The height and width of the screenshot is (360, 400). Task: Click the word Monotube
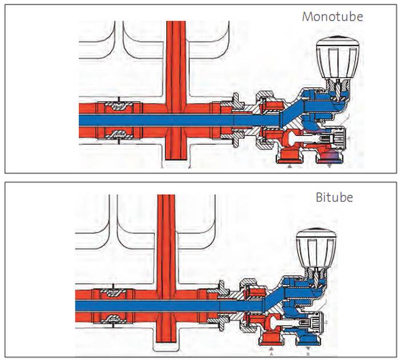click(x=332, y=16)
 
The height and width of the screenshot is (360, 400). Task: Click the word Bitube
click(x=334, y=198)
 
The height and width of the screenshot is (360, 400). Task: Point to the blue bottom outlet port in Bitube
click(x=307, y=341)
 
